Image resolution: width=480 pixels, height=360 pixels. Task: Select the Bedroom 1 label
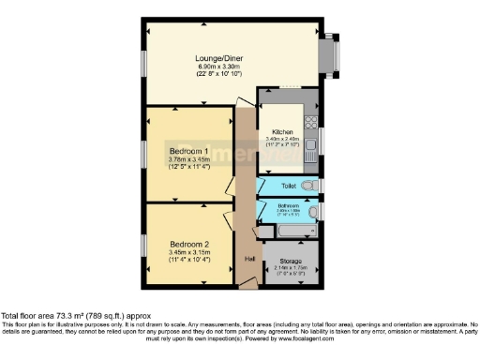pos(187,151)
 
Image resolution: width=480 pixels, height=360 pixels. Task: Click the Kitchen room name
pos(283,132)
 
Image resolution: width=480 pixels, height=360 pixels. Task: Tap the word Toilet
pos(287,186)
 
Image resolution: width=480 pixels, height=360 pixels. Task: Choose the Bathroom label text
pos(287,205)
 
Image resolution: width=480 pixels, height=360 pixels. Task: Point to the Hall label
pos(250,259)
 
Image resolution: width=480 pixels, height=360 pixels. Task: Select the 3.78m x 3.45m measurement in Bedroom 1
pos(187,160)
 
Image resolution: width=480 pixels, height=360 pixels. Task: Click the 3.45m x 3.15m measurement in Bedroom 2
pos(187,253)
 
